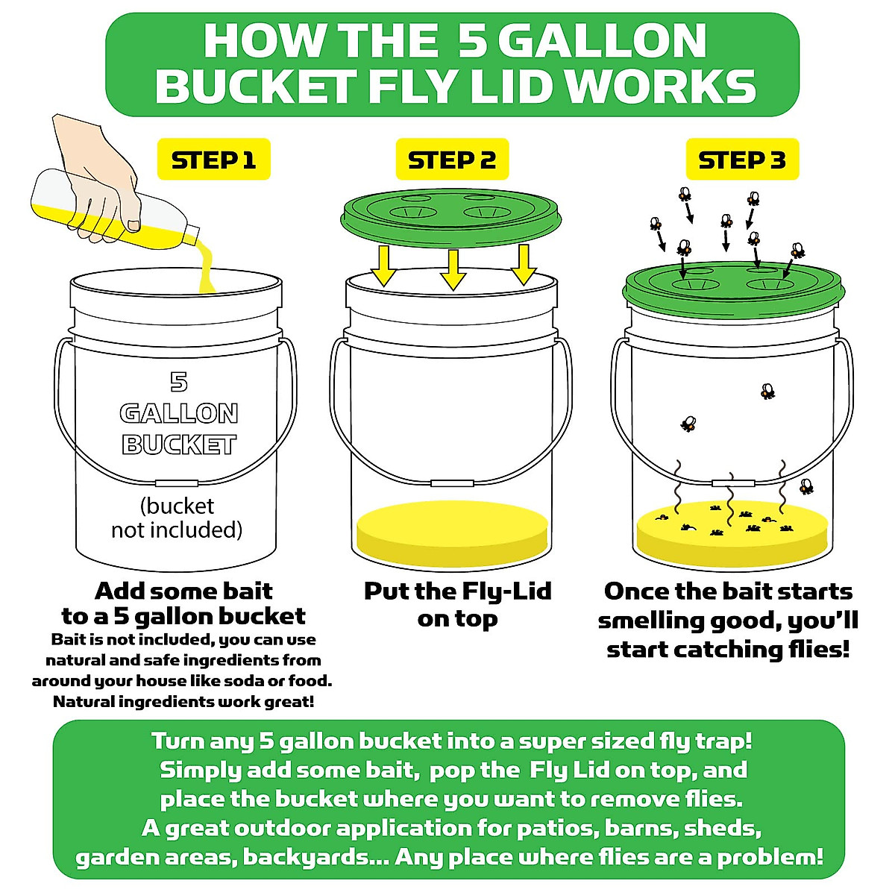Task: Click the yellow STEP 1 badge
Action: tap(213, 160)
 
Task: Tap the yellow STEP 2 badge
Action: tap(451, 160)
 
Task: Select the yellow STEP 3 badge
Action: tap(741, 160)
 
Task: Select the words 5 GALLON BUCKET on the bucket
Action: tap(179, 414)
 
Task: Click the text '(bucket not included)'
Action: tap(178, 518)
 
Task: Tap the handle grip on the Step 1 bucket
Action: tap(176, 483)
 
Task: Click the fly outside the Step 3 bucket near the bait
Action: tap(806, 487)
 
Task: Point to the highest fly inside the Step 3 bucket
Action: tap(767, 390)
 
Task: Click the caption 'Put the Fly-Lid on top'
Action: tap(457, 605)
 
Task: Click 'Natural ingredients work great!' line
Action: tap(183, 702)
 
